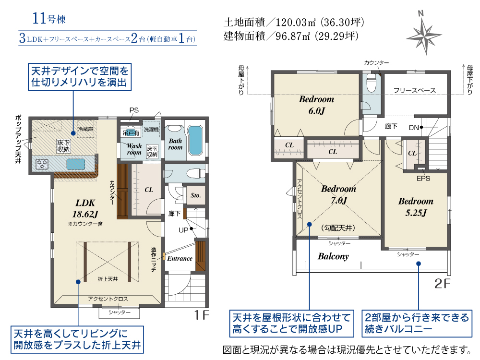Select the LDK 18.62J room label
click(x=85, y=208)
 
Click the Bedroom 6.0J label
click(x=316, y=105)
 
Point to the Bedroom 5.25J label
click(x=416, y=207)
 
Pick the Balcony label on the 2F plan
click(x=333, y=256)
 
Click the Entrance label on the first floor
click(x=180, y=258)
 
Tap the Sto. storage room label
click(x=196, y=195)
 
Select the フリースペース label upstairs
click(x=415, y=90)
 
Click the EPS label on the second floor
click(x=423, y=179)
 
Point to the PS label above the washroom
click(x=134, y=110)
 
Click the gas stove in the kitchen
click(x=42, y=164)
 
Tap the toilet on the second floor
click(x=371, y=83)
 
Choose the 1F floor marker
click(x=202, y=315)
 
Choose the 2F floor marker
click(x=443, y=284)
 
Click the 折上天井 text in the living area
click(x=108, y=279)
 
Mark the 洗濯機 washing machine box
click(x=151, y=130)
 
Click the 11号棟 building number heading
click(x=49, y=18)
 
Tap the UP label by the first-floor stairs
click(x=183, y=230)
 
